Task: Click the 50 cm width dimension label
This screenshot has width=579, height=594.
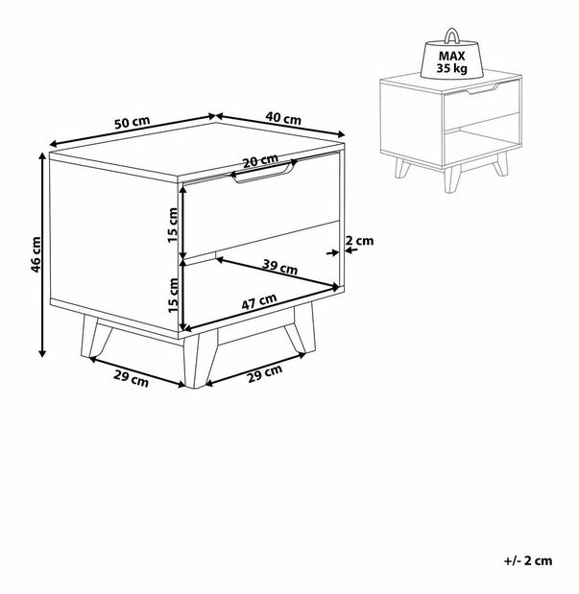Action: (x=133, y=122)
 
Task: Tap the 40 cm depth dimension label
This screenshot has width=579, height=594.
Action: (x=283, y=118)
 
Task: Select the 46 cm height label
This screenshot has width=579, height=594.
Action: (x=36, y=254)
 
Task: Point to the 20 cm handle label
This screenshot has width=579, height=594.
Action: (x=260, y=160)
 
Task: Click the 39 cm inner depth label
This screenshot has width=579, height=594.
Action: (x=279, y=267)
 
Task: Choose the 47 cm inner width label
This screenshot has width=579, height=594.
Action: (x=259, y=301)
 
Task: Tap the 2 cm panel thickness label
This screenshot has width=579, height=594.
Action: (x=359, y=241)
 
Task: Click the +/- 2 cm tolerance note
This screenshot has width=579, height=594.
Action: (x=528, y=560)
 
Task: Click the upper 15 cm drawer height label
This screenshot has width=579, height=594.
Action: (x=173, y=225)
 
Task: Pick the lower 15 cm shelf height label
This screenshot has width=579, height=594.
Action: (x=173, y=296)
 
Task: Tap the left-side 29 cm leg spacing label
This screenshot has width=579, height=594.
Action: (x=132, y=379)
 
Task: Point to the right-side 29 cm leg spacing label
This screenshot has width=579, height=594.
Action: (x=265, y=373)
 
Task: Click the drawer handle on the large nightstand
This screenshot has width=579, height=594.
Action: (x=264, y=173)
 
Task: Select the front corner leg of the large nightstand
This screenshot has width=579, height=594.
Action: (x=198, y=361)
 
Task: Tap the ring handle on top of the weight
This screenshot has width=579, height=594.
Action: (x=451, y=36)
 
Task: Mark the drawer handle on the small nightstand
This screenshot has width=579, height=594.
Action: (x=483, y=89)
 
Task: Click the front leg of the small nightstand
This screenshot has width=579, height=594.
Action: (x=452, y=178)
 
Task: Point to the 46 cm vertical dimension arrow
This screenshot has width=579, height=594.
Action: (x=42, y=254)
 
